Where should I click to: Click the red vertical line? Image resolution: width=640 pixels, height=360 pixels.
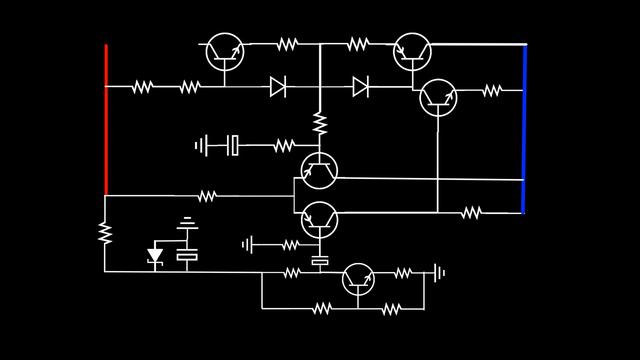(106, 120)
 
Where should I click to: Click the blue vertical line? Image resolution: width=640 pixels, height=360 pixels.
(524, 128)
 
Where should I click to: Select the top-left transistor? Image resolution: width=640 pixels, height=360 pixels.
(224, 52)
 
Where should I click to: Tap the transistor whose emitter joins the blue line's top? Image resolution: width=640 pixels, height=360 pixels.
(411, 49)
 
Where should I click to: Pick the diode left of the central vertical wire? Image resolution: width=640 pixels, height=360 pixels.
(278, 88)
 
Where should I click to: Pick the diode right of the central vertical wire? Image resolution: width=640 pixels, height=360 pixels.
(360, 88)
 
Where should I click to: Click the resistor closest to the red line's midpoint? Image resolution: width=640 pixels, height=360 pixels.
(142, 88)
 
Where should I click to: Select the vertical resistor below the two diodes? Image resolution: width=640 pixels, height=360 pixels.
(320, 123)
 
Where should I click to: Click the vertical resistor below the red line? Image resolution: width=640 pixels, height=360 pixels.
(104, 233)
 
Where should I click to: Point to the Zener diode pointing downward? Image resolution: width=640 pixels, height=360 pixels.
(155, 256)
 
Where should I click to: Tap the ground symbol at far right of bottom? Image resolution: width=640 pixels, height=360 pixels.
(438, 272)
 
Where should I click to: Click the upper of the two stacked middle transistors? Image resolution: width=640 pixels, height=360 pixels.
(319, 171)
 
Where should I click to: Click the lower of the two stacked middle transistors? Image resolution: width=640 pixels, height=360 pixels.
(319, 219)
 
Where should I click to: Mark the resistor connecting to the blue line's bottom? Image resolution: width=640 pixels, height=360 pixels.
(471, 212)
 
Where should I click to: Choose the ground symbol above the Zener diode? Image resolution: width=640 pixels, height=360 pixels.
(187, 222)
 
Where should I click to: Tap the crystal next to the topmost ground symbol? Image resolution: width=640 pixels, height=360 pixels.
(233, 146)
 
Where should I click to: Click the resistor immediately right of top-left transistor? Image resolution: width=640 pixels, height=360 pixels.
(287, 44)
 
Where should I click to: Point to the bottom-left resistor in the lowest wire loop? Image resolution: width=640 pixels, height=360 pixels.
(321, 309)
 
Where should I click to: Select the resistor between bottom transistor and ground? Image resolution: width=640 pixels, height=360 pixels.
(403, 272)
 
